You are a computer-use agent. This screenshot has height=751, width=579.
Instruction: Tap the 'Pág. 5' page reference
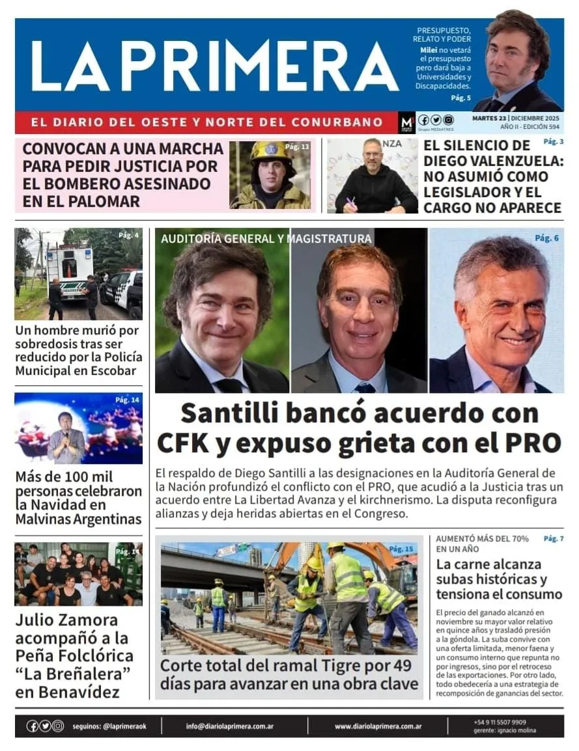(460, 98)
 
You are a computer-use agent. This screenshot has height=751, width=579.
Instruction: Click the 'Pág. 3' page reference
(553, 141)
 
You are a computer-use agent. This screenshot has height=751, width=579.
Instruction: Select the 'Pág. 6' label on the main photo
(546, 238)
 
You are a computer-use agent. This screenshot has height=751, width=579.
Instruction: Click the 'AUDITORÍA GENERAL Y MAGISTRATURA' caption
(266, 239)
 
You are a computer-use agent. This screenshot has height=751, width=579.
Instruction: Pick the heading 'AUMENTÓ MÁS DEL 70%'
(482, 539)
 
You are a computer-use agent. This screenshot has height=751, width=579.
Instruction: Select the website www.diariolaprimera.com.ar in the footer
(378, 726)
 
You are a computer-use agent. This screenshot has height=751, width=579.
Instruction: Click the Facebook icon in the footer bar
(32, 726)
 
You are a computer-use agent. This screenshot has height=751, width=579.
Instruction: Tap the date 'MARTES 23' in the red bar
(490, 118)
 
